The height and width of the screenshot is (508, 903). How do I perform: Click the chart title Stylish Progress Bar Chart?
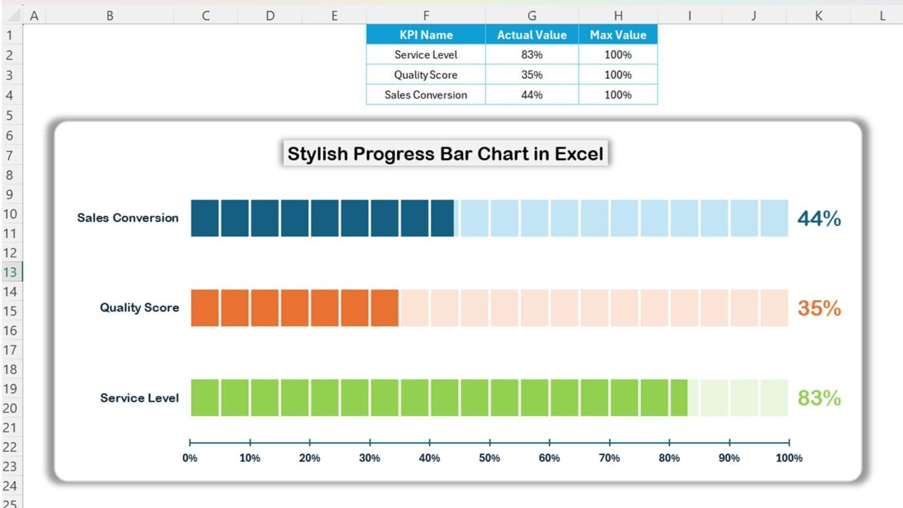(x=445, y=153)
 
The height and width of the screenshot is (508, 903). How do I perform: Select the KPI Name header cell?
(x=426, y=35)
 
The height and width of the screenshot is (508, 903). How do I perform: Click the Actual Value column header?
(x=531, y=35)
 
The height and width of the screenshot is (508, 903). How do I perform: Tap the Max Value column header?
(x=618, y=35)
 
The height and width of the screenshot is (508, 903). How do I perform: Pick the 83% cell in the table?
(x=531, y=55)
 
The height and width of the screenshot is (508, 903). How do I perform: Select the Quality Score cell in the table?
(x=426, y=75)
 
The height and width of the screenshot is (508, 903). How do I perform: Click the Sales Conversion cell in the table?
(x=426, y=95)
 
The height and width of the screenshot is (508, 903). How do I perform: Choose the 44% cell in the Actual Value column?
(x=531, y=95)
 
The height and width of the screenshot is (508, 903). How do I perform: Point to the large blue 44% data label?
(x=819, y=219)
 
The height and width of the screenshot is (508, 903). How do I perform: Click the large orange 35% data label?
(x=819, y=308)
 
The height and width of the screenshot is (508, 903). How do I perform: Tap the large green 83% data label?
(x=819, y=398)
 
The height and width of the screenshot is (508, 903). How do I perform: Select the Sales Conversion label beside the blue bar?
(x=128, y=218)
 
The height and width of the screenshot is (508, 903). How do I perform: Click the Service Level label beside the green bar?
(x=139, y=398)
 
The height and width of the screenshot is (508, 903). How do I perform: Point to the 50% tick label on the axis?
(x=489, y=458)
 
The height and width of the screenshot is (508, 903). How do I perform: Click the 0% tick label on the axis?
(x=190, y=458)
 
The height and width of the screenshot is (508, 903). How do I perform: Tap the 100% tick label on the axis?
(x=788, y=458)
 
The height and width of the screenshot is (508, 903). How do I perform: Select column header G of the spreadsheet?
(x=531, y=16)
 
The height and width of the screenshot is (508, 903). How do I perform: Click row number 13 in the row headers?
(x=10, y=272)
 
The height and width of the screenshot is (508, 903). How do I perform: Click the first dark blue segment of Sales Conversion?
(x=205, y=218)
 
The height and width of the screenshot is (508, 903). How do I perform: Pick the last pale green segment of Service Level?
(x=774, y=398)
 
